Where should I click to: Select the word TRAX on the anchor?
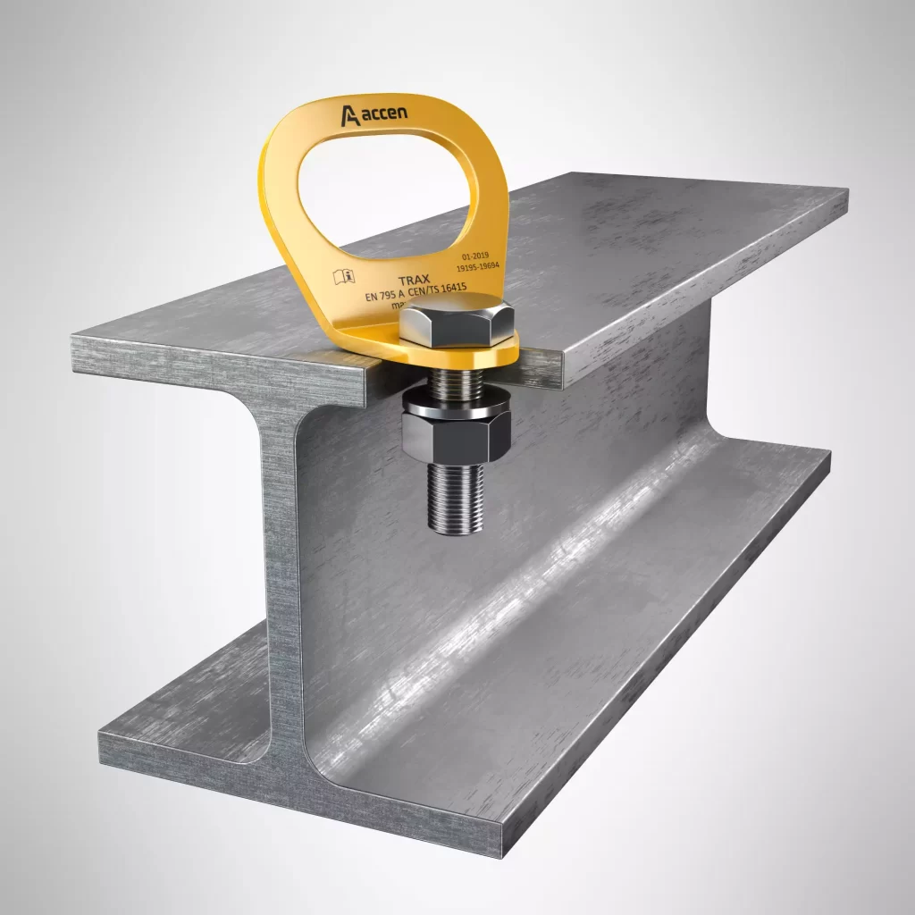coord(414,281)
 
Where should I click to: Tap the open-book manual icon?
coord(344,277)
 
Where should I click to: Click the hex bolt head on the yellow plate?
coord(456,323)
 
